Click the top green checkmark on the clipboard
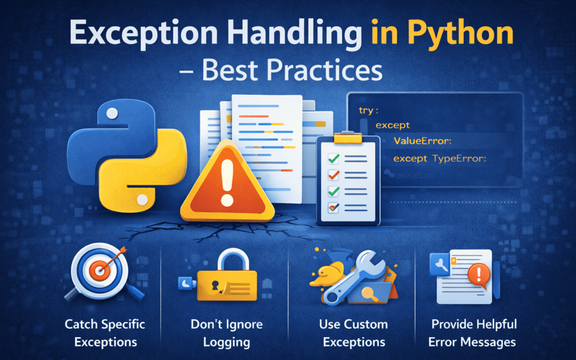(334, 158)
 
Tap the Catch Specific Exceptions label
(105, 333)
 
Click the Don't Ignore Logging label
(227, 333)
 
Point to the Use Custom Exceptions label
(353, 333)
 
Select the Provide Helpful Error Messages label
(474, 333)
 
